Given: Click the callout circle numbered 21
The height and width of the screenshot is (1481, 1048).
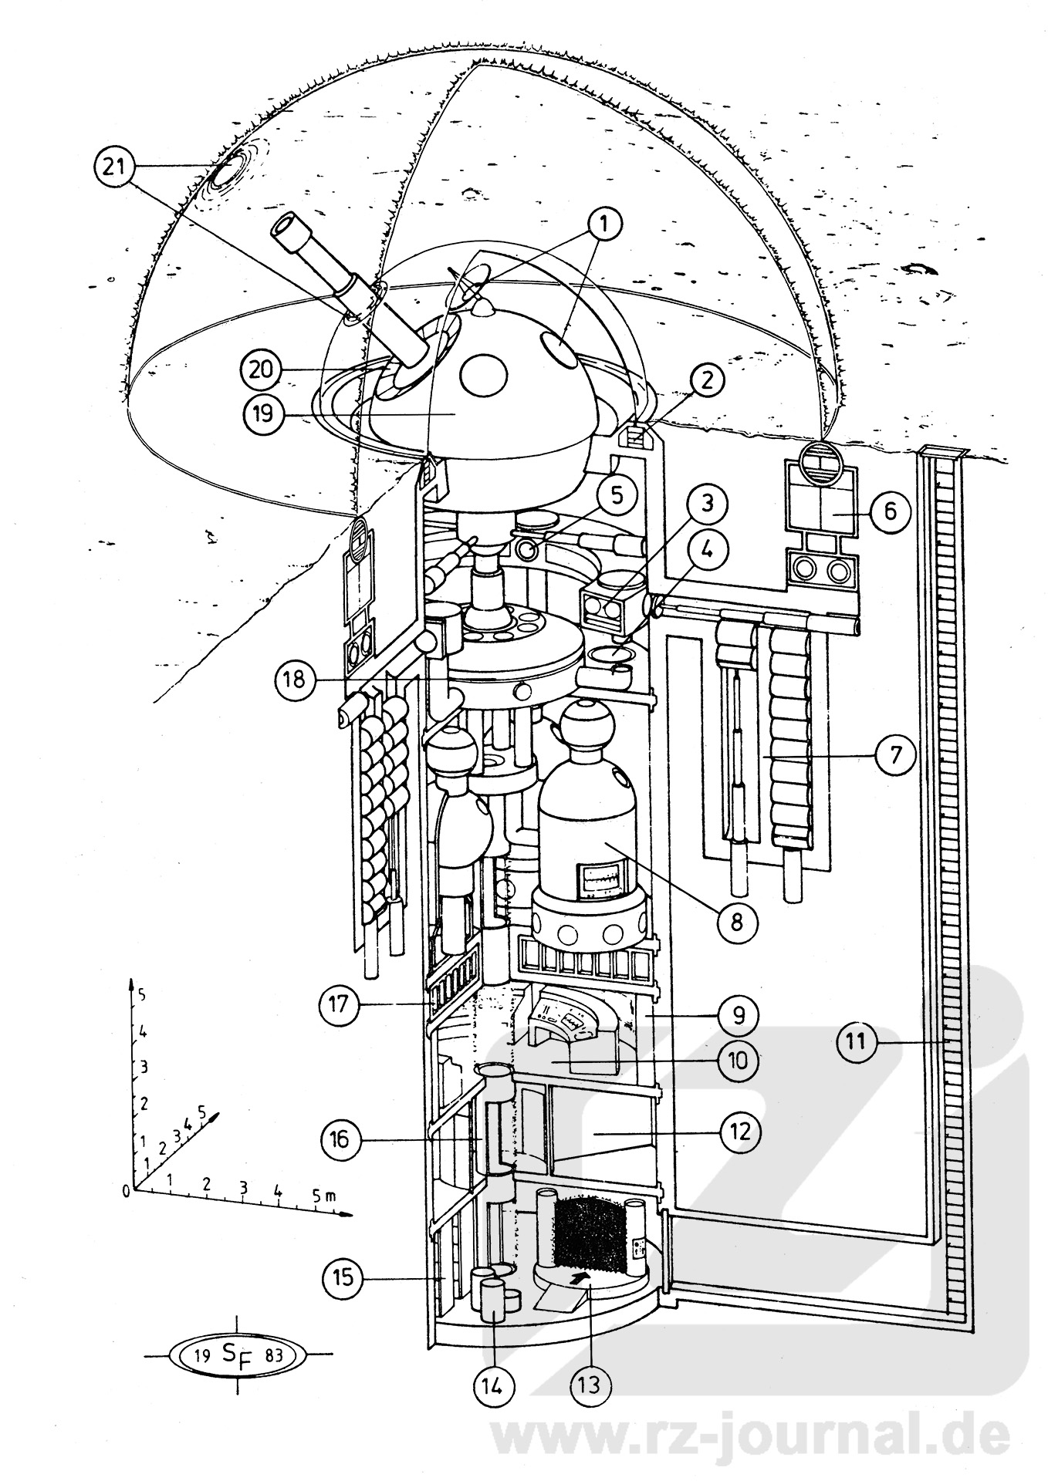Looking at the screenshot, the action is coord(113,167).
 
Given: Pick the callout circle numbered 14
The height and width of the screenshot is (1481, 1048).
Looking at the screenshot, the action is coord(492,1386).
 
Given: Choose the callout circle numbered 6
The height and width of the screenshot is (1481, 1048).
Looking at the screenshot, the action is coord(890,512).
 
